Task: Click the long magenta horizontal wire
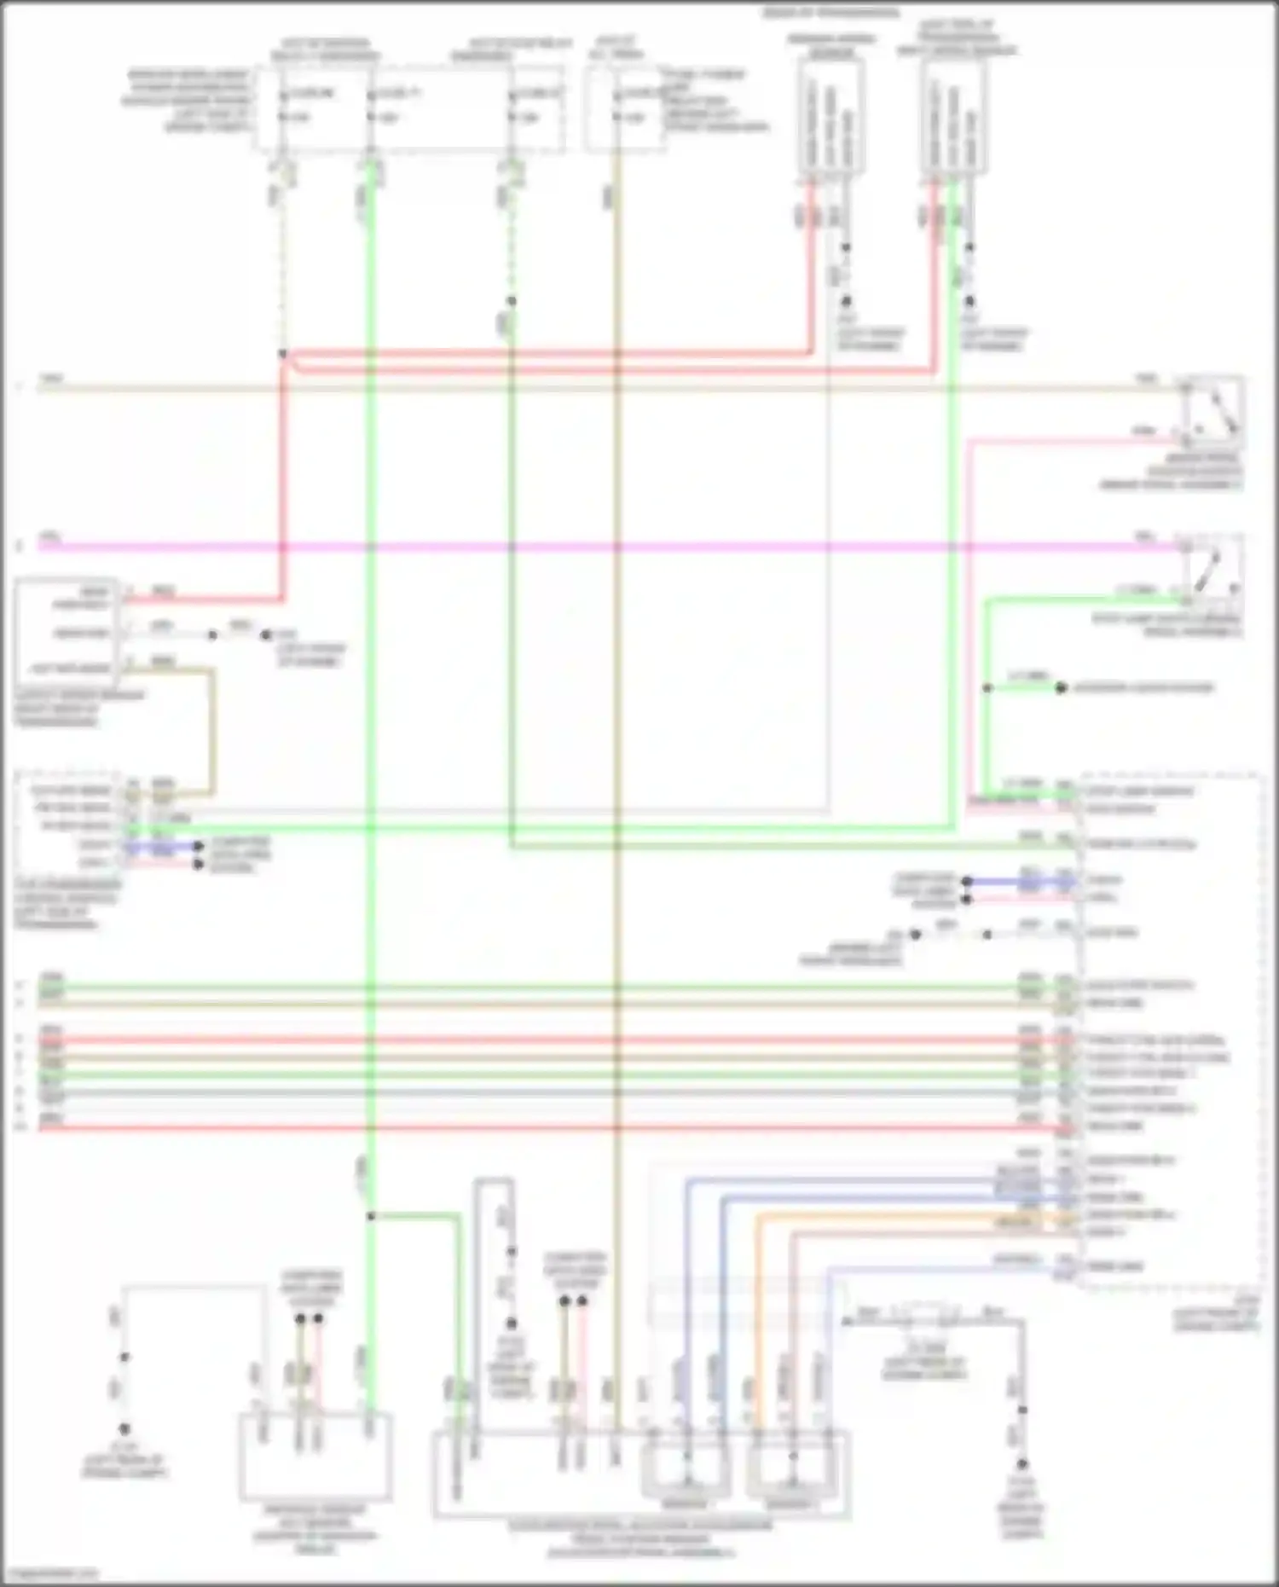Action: tap(597, 546)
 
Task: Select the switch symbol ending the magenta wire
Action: tap(1211, 564)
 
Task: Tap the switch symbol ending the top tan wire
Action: tap(1211, 410)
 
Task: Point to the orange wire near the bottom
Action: tap(895, 1216)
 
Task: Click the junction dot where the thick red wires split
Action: tap(283, 354)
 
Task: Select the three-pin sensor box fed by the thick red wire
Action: tap(64, 631)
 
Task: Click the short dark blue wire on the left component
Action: tap(162, 847)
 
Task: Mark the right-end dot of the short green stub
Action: tap(1061, 687)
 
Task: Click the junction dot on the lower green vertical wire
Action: tap(370, 1216)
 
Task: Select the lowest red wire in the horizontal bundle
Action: tap(546, 1127)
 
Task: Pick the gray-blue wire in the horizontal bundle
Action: tap(546, 1092)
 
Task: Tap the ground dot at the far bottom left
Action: tap(124, 1428)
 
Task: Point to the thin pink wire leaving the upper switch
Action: tap(1066, 440)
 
